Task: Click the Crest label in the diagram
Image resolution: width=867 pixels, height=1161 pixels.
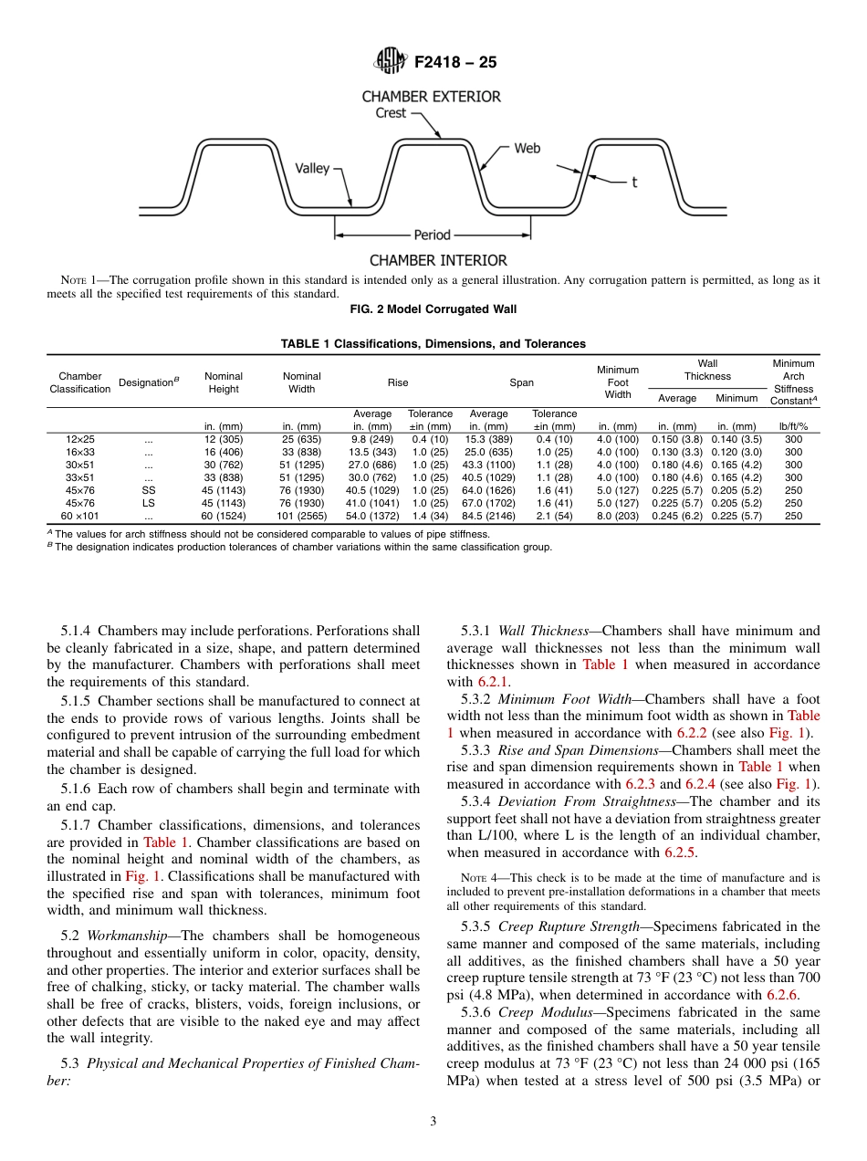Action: pyautogui.click(x=392, y=113)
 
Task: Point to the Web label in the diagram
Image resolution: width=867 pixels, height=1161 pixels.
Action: pyautogui.click(x=527, y=148)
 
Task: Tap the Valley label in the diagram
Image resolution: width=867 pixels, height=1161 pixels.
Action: pyautogui.click(x=312, y=169)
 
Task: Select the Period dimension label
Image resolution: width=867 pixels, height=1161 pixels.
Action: pyautogui.click(x=433, y=235)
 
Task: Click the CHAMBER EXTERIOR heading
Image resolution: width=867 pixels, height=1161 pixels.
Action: pyautogui.click(x=432, y=96)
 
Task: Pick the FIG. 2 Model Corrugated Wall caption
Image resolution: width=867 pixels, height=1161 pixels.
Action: pyautogui.click(x=433, y=309)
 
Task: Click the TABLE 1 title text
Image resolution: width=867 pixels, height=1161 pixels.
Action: pyautogui.click(x=433, y=344)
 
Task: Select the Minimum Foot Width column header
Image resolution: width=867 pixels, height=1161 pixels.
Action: pyautogui.click(x=618, y=382)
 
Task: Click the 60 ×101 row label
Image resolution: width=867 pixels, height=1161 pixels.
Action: pyautogui.click(x=80, y=516)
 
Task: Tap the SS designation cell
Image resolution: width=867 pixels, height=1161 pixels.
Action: pyautogui.click(x=149, y=490)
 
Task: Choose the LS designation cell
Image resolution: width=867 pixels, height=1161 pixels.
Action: pyautogui.click(x=149, y=503)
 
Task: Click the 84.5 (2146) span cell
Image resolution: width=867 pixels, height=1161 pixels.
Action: pyautogui.click(x=488, y=516)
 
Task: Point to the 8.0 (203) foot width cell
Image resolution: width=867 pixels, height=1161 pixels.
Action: pyautogui.click(x=618, y=516)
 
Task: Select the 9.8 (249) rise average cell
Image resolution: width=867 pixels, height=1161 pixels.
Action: pyautogui.click(x=372, y=439)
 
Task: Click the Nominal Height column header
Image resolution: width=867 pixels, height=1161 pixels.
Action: pyautogui.click(x=224, y=382)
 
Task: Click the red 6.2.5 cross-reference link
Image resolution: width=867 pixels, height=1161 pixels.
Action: pyautogui.click(x=674, y=852)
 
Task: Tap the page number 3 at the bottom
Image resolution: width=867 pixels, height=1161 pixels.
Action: pyautogui.click(x=433, y=1121)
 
